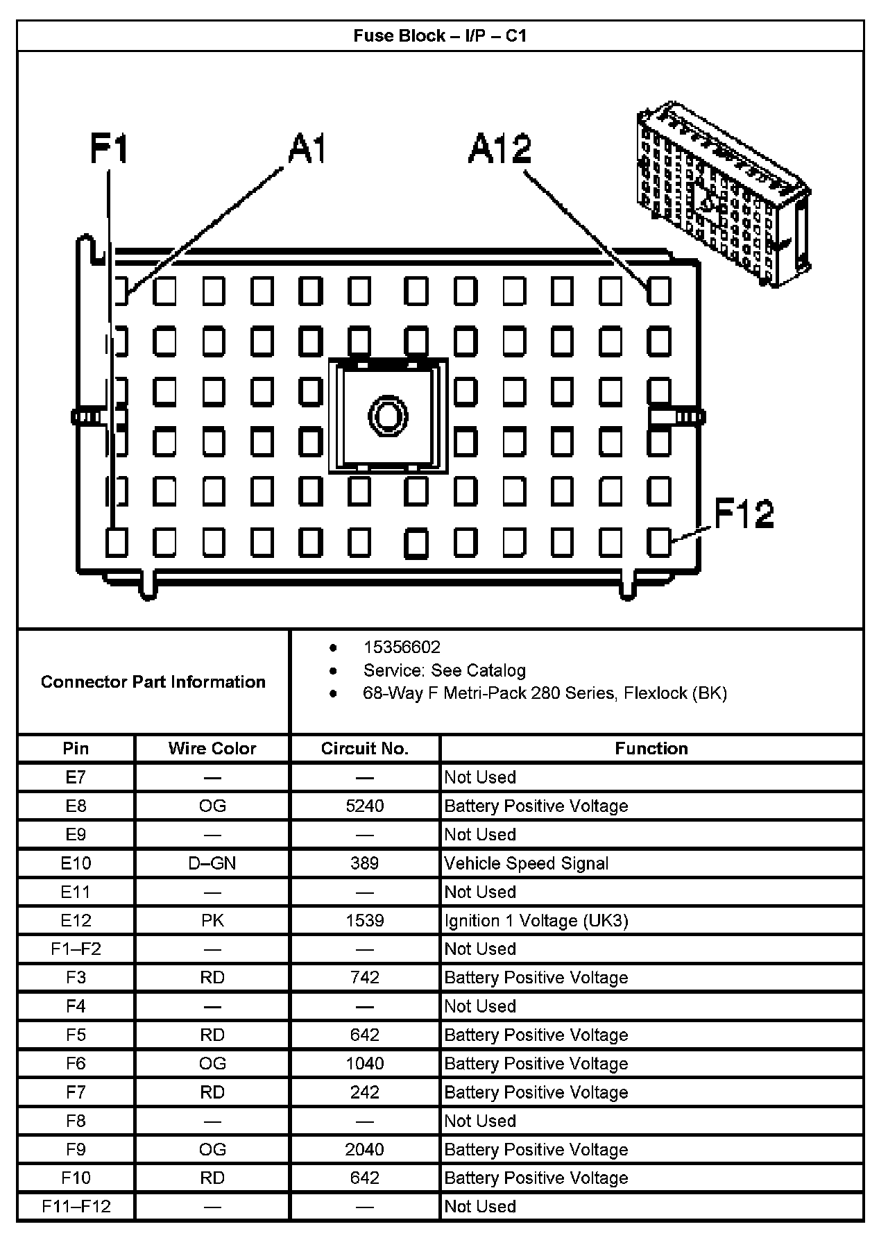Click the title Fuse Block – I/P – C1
[x=440, y=35]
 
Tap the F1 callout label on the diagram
[x=110, y=149]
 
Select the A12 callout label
[x=500, y=149]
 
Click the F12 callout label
[x=744, y=514]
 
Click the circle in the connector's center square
[x=387, y=416]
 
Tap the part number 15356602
[x=402, y=647]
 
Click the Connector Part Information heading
[x=153, y=681]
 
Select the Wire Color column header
[x=212, y=748]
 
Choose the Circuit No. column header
[x=365, y=748]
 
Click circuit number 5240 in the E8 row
[x=365, y=806]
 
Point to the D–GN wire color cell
[x=212, y=863]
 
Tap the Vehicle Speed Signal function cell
[x=527, y=863]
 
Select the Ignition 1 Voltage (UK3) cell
[x=536, y=921]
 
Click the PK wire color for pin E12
[x=212, y=921]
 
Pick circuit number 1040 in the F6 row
[x=365, y=1064]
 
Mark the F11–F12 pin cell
[x=76, y=1207]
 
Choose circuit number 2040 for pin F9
[x=365, y=1150]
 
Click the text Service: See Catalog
[x=444, y=670]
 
